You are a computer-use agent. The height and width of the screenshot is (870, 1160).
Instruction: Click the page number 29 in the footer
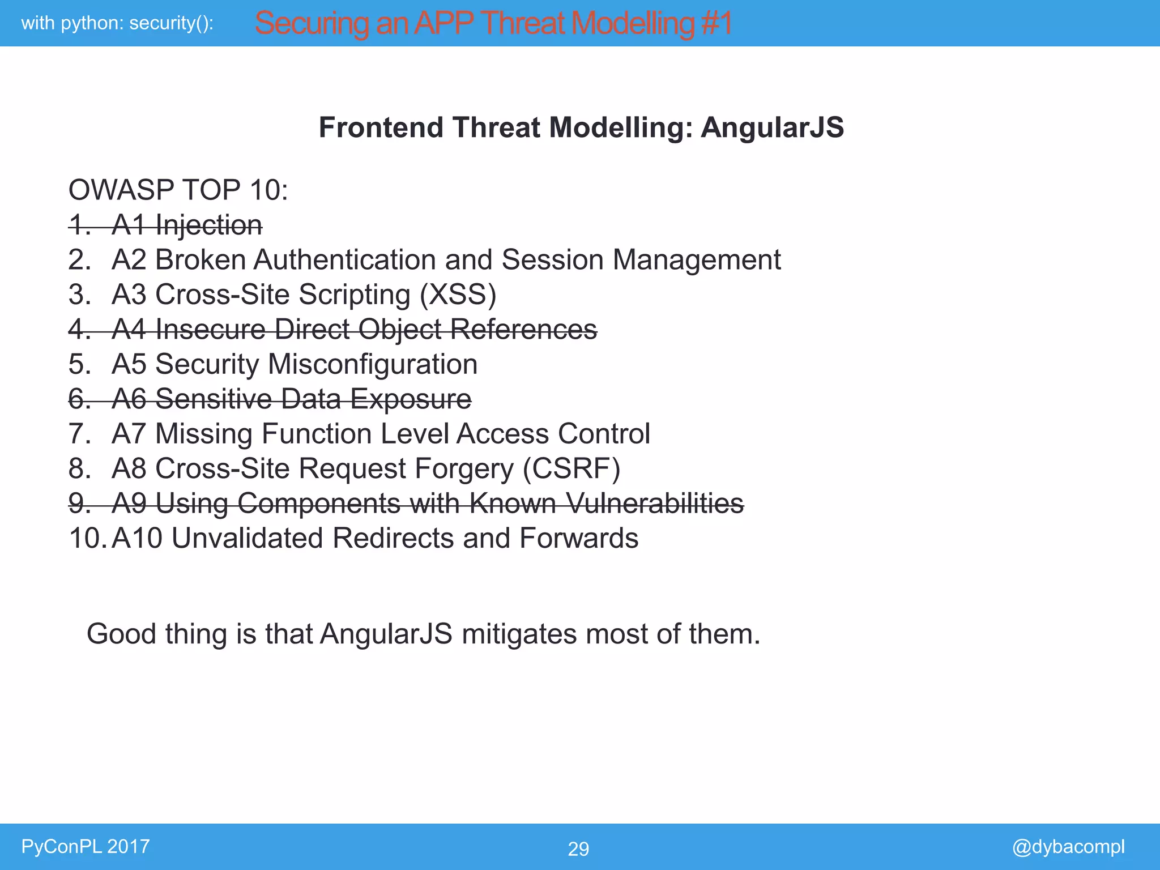(578, 848)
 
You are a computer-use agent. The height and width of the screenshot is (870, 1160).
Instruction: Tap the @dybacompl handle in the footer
(1068, 846)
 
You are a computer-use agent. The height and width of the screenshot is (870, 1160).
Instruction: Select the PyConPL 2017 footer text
(86, 846)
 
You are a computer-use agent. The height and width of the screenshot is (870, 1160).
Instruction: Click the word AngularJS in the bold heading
(772, 127)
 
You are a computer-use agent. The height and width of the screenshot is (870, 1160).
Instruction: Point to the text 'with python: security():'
(117, 23)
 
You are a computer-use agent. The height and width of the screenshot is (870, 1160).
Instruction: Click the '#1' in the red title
(716, 24)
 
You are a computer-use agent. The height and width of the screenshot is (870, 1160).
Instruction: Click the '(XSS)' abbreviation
(458, 295)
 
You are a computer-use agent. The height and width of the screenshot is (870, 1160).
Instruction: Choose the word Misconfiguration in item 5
(373, 364)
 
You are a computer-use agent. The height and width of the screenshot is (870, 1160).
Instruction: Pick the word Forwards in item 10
(578, 538)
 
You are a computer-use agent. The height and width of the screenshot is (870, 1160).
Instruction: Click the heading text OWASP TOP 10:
(178, 190)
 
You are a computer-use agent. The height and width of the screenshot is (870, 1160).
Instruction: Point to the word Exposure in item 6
(411, 399)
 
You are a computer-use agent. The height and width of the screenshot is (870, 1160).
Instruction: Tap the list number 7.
(79, 434)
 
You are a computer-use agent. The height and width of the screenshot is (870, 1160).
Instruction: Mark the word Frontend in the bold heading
(381, 127)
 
